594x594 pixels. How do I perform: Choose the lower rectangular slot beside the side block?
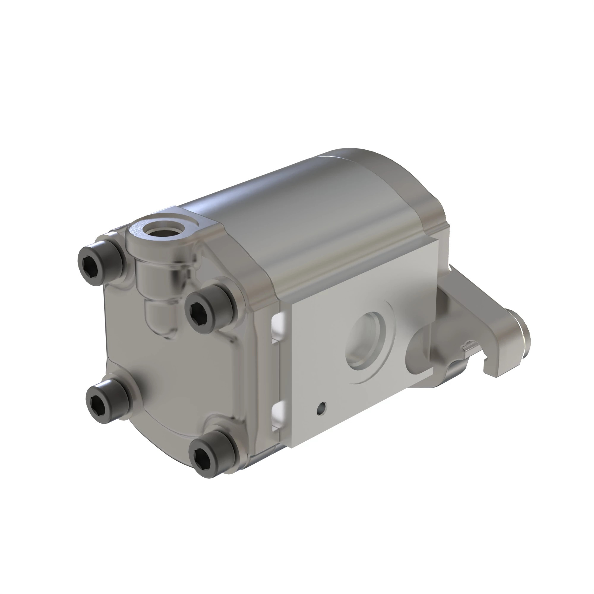pyautogui.click(x=277, y=416)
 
